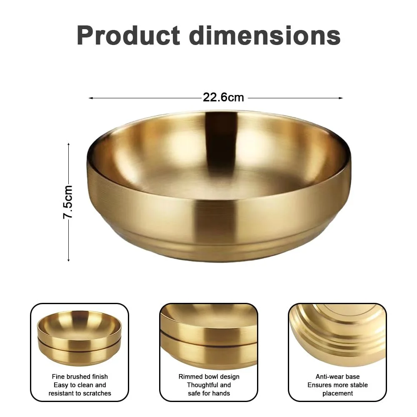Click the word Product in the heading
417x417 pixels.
tap(128, 36)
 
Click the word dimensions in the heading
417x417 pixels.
tap(265, 36)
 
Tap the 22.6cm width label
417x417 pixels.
tap(223, 97)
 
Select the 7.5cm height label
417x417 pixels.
tap(67, 202)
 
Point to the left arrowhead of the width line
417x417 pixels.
tap(91, 98)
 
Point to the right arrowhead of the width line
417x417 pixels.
tap(341, 98)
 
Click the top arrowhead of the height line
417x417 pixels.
tap(69, 145)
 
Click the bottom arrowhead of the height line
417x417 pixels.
tap(69, 259)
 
